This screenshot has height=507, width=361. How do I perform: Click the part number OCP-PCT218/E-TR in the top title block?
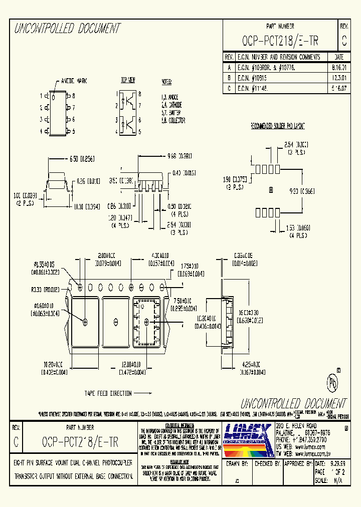click(x=280, y=41)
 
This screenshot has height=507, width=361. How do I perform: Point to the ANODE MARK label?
click(x=74, y=81)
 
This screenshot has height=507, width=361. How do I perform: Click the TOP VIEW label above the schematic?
click(x=128, y=80)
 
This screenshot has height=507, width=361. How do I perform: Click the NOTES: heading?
click(x=166, y=81)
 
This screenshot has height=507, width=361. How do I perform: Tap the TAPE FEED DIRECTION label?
click(x=108, y=393)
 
